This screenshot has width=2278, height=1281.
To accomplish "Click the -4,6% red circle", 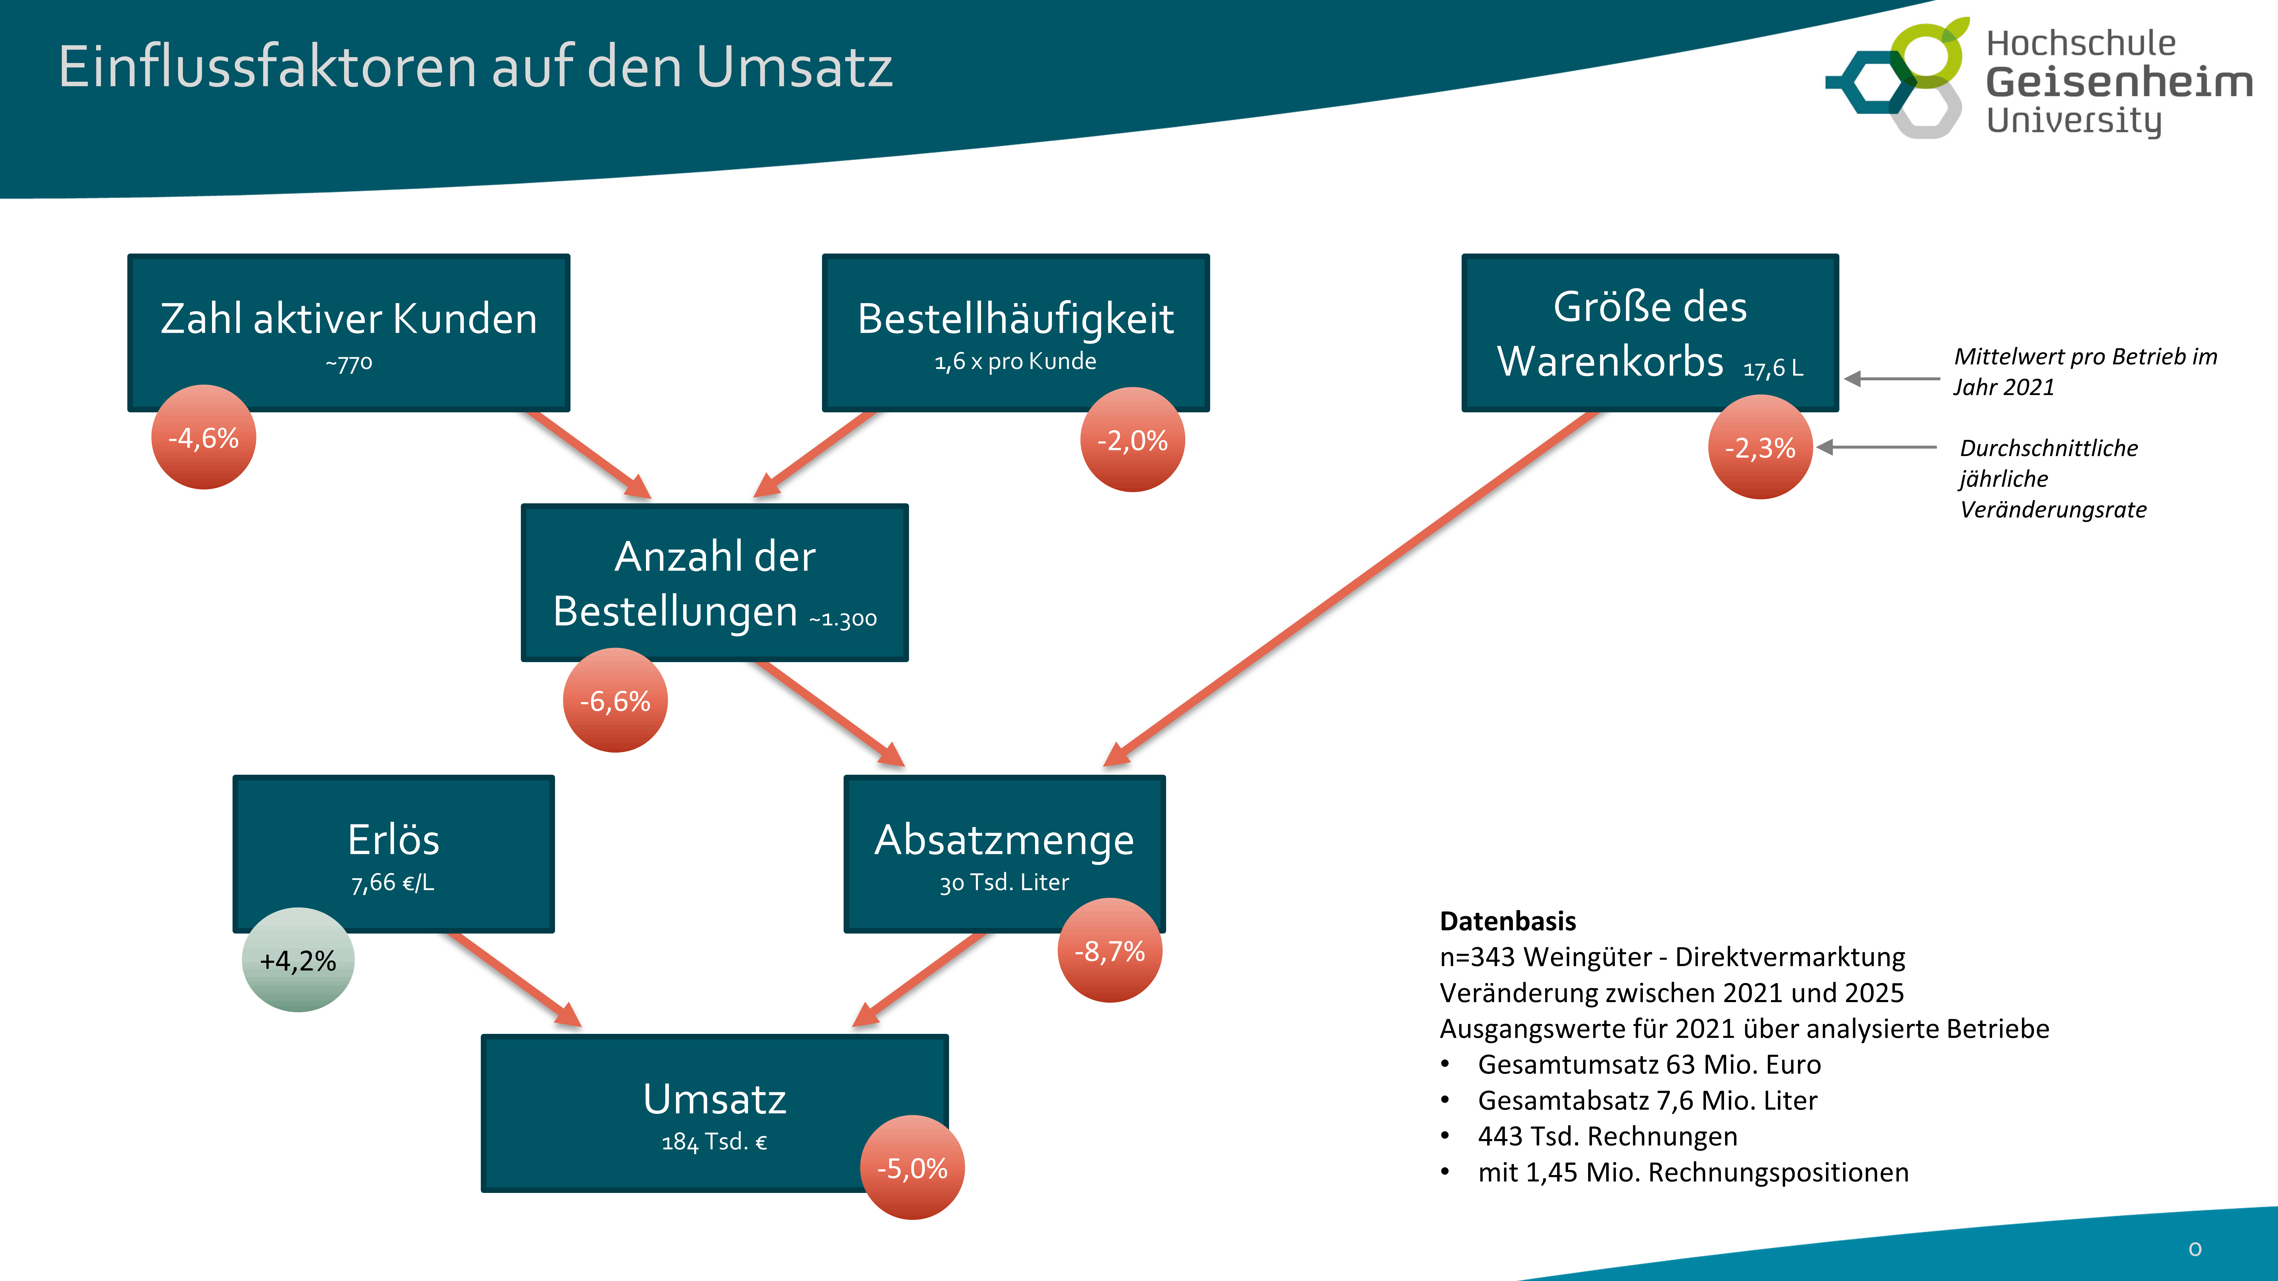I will [x=203, y=438].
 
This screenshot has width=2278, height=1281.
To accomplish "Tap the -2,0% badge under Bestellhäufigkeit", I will [x=1132, y=440].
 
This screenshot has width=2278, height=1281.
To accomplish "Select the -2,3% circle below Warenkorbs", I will [x=1760, y=447].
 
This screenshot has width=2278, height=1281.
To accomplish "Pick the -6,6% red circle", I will [x=615, y=701].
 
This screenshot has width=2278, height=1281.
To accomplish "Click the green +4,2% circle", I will [x=298, y=960].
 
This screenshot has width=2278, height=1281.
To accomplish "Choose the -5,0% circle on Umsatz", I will [x=912, y=1168].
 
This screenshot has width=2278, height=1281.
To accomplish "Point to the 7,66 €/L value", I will [x=393, y=882].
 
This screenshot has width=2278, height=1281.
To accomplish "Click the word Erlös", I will [x=394, y=840].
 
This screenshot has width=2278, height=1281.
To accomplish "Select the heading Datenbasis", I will [x=1508, y=921].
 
